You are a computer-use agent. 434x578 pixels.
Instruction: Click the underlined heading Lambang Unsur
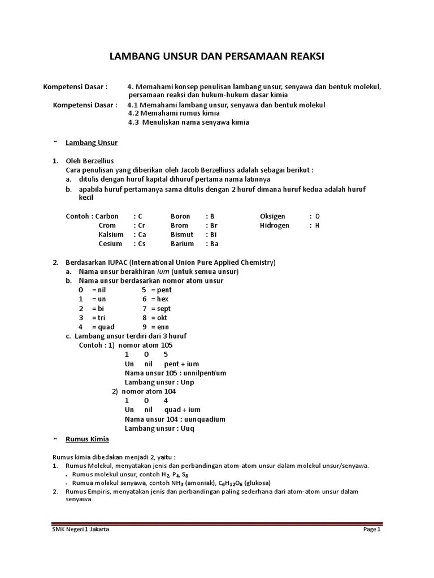[92, 143]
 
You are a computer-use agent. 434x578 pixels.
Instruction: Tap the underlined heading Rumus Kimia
[88, 439]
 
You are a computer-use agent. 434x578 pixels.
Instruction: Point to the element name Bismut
[182, 234]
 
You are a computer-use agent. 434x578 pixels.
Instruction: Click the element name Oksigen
[272, 216]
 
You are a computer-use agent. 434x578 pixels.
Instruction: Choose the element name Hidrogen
[275, 225]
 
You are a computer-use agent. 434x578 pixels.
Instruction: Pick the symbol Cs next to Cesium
[142, 244]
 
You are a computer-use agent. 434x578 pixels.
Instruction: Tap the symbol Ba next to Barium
[214, 244]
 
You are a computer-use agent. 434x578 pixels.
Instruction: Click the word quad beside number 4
[106, 327]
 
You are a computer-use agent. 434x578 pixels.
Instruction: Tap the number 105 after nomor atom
[166, 345]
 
